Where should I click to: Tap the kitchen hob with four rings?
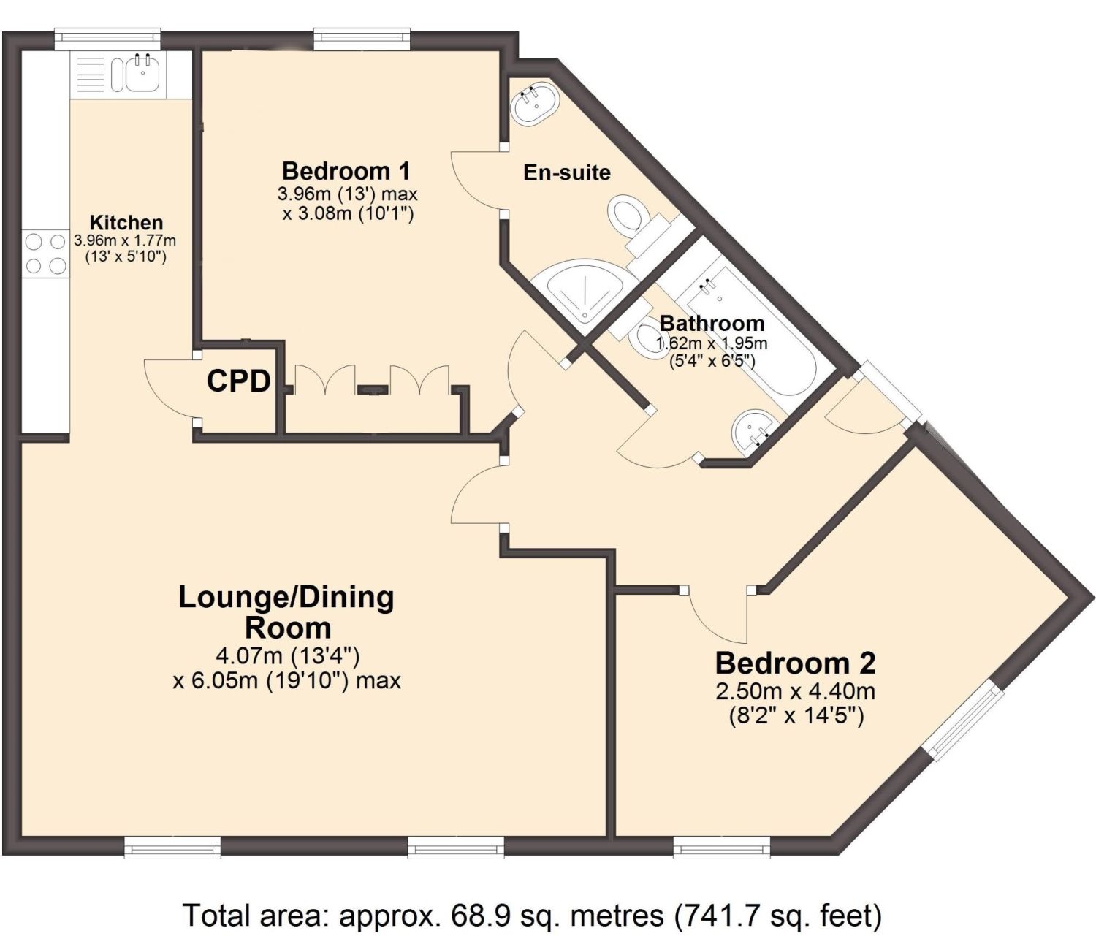click(45, 253)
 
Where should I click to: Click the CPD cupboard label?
click(239, 381)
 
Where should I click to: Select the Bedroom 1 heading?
click(346, 171)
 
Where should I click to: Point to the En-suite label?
click(567, 173)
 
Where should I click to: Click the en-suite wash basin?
click(535, 104)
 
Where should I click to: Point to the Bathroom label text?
click(712, 323)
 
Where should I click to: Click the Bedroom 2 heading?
click(795, 663)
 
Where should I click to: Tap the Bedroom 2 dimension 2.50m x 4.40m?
click(796, 690)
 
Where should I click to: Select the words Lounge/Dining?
click(286, 597)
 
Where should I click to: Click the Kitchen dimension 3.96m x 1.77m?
click(125, 240)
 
